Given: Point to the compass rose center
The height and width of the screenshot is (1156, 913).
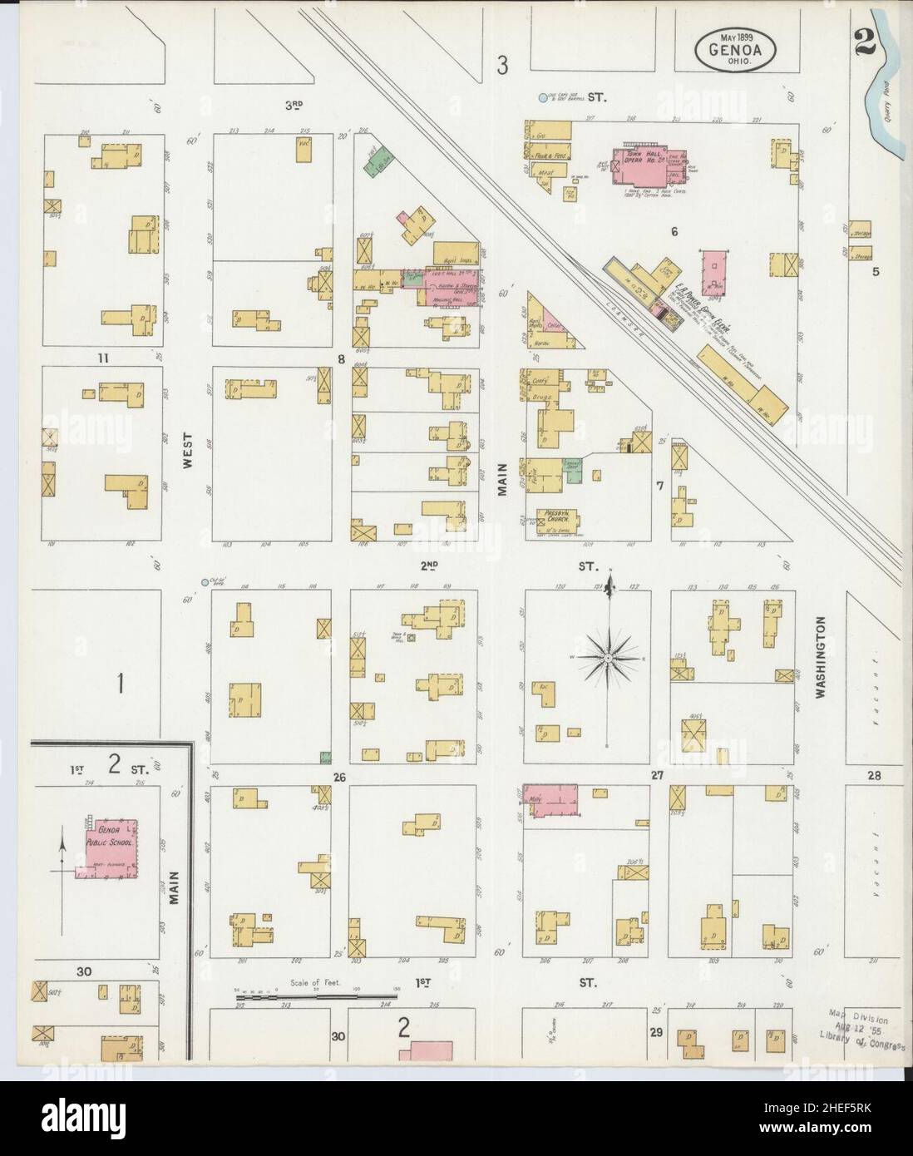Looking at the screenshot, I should point(609,658).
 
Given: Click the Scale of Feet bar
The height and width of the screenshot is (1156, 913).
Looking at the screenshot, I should point(316,992).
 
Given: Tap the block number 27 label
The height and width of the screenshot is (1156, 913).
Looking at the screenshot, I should point(657,775).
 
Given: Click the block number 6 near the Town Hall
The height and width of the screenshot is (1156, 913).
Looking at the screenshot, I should point(674,231).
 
